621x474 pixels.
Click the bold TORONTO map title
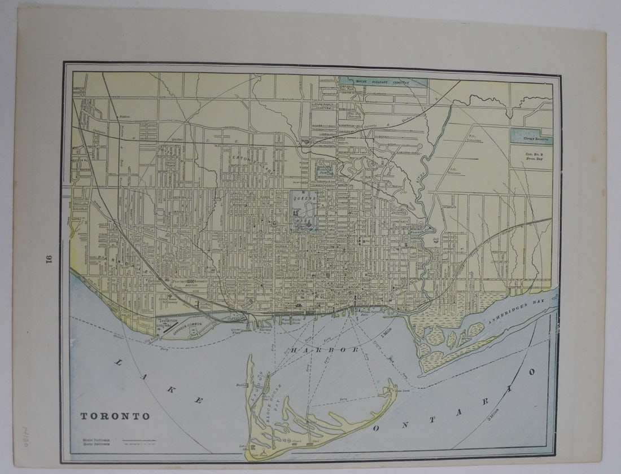click(x=115, y=416)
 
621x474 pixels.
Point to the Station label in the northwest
click(x=125, y=117)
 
